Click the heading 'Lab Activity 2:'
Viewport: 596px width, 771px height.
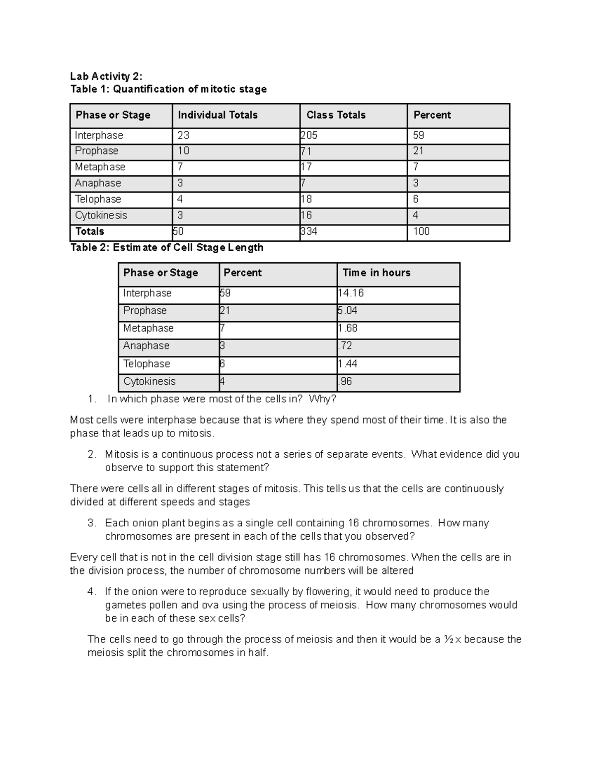(106, 76)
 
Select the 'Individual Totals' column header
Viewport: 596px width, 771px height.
(218, 115)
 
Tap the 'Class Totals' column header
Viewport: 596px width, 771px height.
(336, 115)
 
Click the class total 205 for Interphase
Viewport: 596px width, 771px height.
(309, 136)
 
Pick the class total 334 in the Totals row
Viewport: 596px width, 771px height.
(309, 231)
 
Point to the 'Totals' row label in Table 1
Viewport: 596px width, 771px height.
(89, 231)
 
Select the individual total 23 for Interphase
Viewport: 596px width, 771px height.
(183, 136)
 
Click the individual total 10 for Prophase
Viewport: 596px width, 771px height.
(183, 151)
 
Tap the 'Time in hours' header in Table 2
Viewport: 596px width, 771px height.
(376, 273)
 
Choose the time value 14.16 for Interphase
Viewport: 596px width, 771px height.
(351, 293)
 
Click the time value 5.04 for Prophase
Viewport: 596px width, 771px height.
(347, 311)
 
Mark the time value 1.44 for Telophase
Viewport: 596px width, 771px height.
(347, 364)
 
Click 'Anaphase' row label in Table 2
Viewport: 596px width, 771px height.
(146, 346)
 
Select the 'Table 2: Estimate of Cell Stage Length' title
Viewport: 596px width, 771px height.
(167, 247)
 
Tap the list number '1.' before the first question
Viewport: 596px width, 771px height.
(90, 399)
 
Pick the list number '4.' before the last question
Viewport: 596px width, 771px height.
(91, 592)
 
